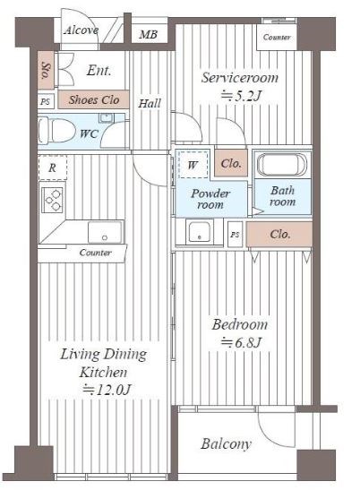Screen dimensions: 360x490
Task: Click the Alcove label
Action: pyautogui.click(x=81, y=30)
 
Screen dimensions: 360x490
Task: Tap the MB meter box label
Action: pyautogui.click(x=148, y=34)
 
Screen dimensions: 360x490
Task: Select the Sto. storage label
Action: pyautogui.click(x=47, y=71)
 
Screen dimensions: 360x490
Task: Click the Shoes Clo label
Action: pyautogui.click(x=94, y=99)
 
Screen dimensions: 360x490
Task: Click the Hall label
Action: pyautogui.click(x=150, y=103)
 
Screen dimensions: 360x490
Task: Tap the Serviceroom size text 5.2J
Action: pyautogui.click(x=241, y=96)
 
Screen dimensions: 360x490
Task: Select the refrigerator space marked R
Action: pyautogui.click(x=53, y=168)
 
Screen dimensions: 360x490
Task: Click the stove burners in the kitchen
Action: pyautogui.click(x=53, y=200)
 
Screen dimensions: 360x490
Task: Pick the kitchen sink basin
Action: pyautogui.click(x=105, y=232)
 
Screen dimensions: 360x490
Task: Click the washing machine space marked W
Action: pyautogui.click(x=193, y=165)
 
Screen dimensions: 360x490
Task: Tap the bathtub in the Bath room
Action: pyautogui.click(x=282, y=165)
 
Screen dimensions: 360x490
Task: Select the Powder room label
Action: pyautogui.click(x=210, y=199)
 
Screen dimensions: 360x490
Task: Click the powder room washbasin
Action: pyautogui.click(x=200, y=232)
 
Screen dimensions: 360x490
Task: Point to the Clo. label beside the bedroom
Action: pyautogui.click(x=279, y=234)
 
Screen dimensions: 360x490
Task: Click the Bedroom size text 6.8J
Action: pyautogui.click(x=241, y=343)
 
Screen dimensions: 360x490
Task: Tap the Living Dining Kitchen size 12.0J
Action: pyautogui.click(x=107, y=390)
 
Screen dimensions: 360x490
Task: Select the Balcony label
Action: pyautogui.click(x=226, y=444)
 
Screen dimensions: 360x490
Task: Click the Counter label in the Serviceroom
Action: pyautogui.click(x=277, y=38)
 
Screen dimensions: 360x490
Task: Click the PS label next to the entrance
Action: pyautogui.click(x=45, y=101)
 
